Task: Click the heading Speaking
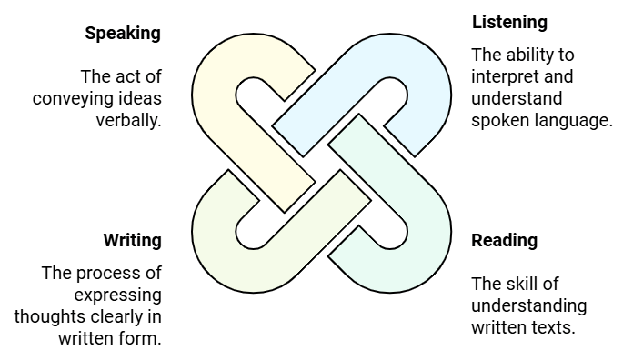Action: [123, 34]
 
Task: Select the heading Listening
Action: [509, 22]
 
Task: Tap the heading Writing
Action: [132, 241]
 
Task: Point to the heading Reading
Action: [504, 241]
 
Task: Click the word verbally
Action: [129, 120]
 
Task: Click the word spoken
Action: [498, 121]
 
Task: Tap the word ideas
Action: [140, 98]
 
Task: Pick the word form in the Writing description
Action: [142, 339]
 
